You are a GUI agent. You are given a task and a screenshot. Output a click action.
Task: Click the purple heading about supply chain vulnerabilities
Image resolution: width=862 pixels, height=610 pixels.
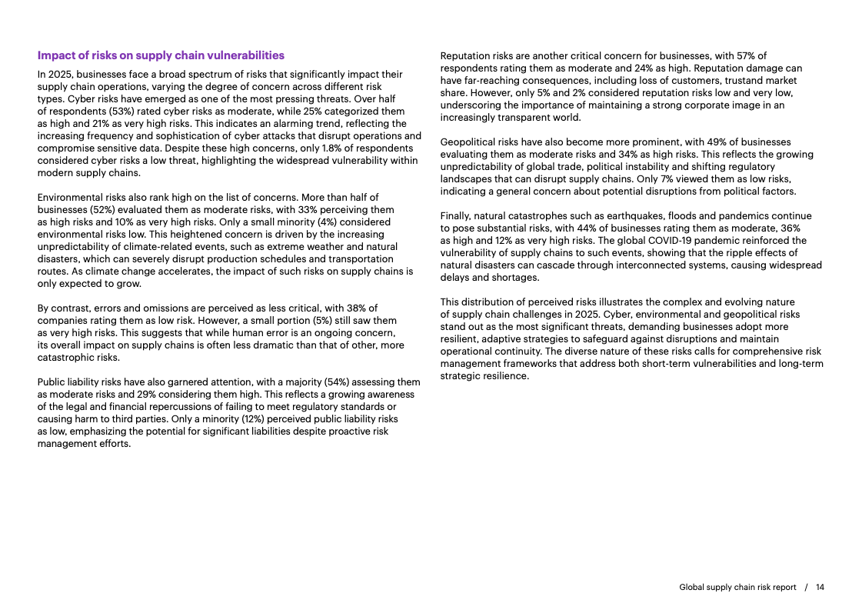[x=161, y=55]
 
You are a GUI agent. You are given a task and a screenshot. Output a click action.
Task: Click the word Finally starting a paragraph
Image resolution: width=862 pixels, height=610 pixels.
[x=457, y=215]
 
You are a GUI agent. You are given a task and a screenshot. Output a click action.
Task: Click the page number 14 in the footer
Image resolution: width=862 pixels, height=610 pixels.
[x=820, y=587]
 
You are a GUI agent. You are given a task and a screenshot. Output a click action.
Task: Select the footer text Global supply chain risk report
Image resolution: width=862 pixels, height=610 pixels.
[x=737, y=587]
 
